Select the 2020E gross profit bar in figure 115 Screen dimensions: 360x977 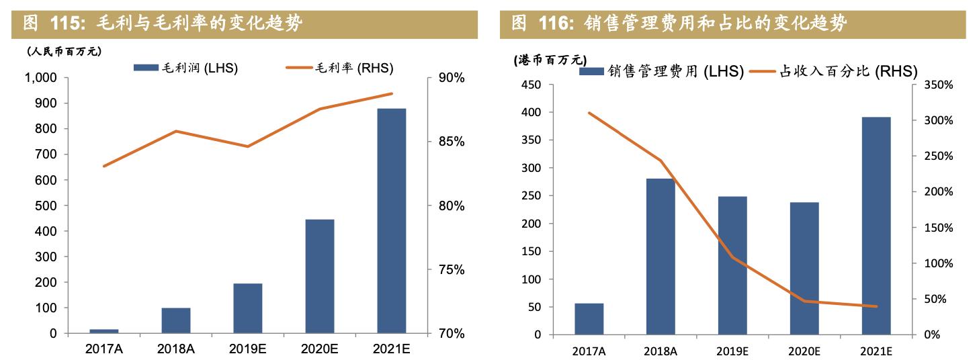coord(319,276)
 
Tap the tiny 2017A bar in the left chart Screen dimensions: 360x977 coord(104,330)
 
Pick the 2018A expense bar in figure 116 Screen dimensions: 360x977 coord(661,256)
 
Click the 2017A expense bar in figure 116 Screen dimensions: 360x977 coord(589,318)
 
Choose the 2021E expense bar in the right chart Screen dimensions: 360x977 coord(876,226)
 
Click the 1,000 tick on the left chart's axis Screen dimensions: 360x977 coord(41,78)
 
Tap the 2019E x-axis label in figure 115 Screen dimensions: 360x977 coord(248,349)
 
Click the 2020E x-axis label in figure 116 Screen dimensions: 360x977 coord(804,351)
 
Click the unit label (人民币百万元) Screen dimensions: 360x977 coord(64,51)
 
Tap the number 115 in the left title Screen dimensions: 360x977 coord(65,24)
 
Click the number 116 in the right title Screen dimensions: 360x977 coord(554,24)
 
